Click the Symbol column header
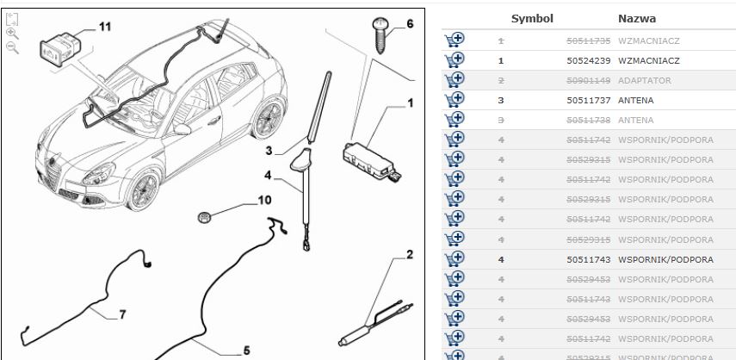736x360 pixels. coord(532,18)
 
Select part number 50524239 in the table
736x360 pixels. coord(588,60)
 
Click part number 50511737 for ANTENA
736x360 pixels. coord(588,100)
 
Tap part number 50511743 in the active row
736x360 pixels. coord(588,258)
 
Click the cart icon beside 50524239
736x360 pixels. coord(454,59)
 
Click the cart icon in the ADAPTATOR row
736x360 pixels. coord(454,79)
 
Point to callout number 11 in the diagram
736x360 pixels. coord(104,27)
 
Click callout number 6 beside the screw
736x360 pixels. coord(409,23)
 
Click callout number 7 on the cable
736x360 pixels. coord(121,314)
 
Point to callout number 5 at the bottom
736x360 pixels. coord(245,350)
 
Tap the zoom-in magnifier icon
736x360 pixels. coord(12,33)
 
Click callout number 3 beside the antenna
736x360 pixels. coord(269,151)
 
